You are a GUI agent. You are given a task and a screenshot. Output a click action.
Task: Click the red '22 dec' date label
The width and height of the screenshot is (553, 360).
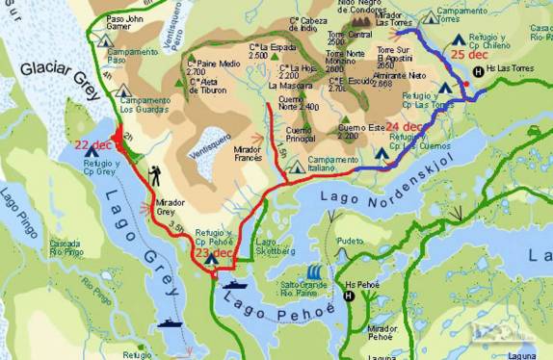[x=95, y=145]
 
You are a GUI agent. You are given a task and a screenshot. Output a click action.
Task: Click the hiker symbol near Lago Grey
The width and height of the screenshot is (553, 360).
[x=155, y=174]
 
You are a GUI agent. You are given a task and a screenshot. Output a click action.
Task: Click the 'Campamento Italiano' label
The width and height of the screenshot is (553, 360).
[x=333, y=165]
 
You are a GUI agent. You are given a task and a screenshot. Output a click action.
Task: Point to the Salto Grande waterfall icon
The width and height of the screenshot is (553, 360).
[x=315, y=273]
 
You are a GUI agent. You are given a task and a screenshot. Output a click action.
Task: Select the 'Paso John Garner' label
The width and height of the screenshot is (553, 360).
[x=129, y=23]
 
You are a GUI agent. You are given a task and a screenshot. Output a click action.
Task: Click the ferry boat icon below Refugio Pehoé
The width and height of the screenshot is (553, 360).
[x=235, y=284]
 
